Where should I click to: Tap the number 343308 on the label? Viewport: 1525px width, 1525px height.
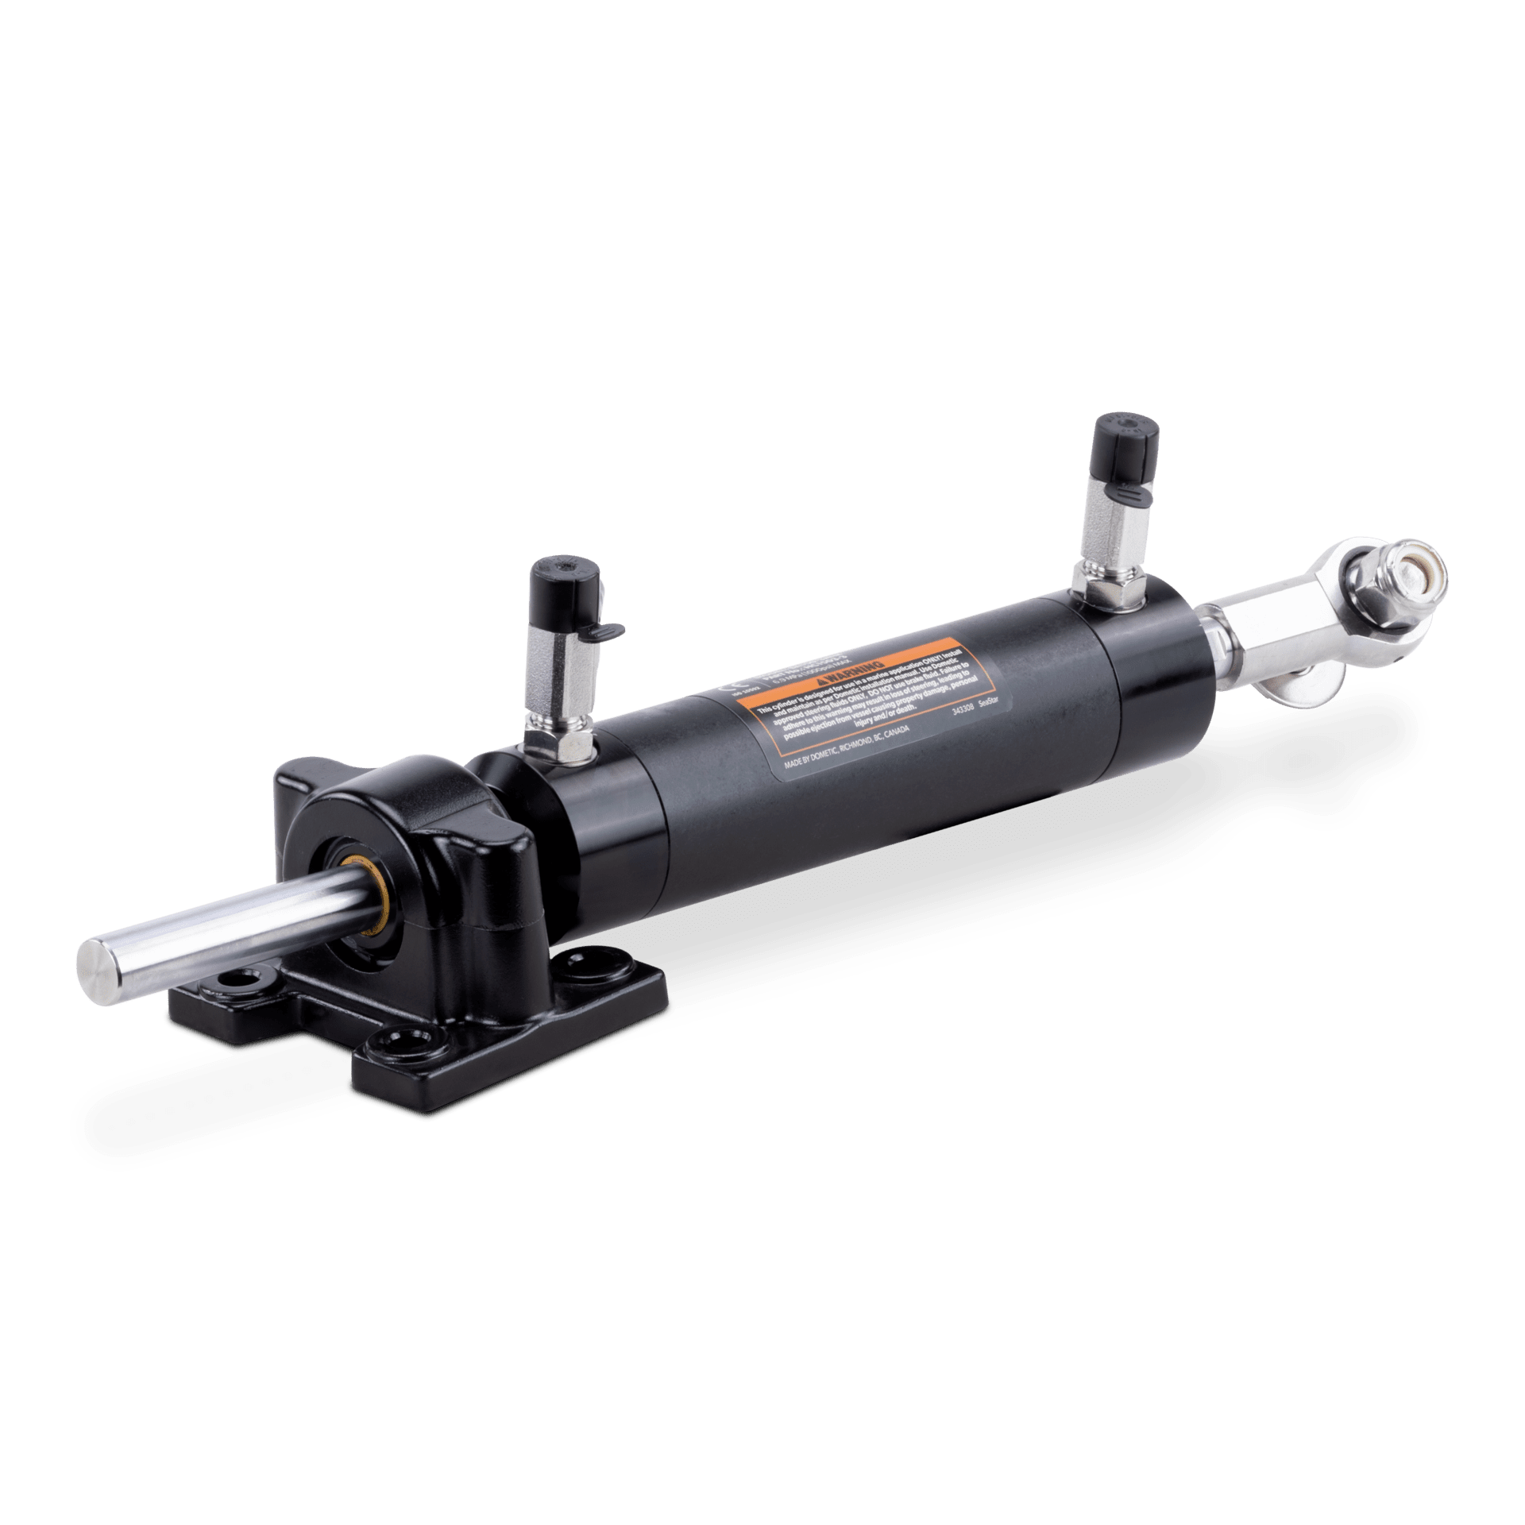coord(963,709)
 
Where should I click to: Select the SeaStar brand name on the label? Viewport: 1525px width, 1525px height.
coord(988,702)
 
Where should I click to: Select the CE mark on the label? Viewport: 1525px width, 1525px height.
coord(733,688)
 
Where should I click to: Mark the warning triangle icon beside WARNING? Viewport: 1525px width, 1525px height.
coord(822,681)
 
